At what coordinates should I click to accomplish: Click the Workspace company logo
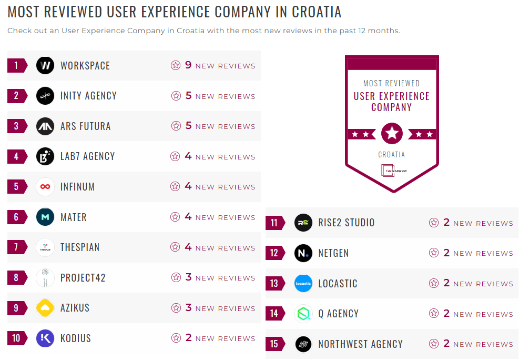click(45, 66)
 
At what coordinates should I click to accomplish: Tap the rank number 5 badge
click(16, 187)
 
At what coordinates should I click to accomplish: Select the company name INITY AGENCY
click(88, 96)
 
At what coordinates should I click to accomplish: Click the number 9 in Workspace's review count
click(188, 65)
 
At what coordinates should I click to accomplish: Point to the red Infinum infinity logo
click(45, 187)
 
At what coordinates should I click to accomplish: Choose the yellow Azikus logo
click(45, 308)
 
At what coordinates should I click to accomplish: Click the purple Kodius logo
click(45, 338)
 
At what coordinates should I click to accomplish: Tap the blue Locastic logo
click(303, 284)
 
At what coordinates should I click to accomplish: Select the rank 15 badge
click(274, 344)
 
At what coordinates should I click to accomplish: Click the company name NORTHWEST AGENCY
click(360, 344)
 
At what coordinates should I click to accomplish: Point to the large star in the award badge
click(392, 134)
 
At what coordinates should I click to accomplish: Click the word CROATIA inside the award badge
click(392, 155)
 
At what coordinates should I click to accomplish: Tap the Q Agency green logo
click(303, 314)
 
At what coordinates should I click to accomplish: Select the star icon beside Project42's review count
click(176, 277)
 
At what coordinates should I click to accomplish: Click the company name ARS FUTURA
click(85, 126)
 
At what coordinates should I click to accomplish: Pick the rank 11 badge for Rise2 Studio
click(274, 223)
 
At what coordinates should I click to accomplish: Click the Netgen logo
click(303, 253)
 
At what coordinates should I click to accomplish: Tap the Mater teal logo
click(45, 217)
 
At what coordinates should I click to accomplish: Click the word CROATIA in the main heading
click(309, 12)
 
